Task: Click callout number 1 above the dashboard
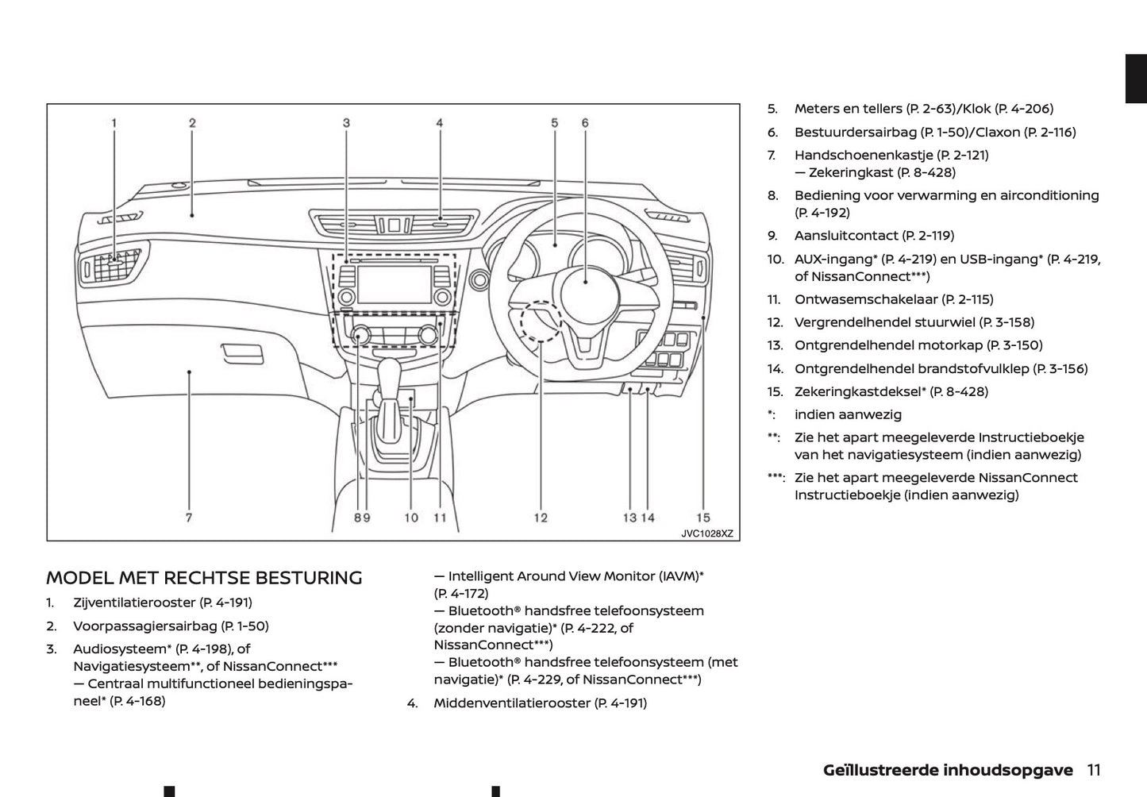(x=114, y=123)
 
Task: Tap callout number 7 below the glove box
(x=189, y=518)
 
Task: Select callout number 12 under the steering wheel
(x=541, y=518)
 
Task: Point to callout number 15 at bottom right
(x=703, y=518)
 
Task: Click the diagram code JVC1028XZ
(x=706, y=534)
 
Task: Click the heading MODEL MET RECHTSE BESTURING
(x=204, y=578)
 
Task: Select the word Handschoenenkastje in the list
(x=863, y=155)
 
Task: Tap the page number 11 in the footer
(x=1094, y=769)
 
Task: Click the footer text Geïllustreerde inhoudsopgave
(x=948, y=769)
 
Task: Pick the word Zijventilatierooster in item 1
(x=134, y=603)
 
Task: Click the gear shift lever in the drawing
(x=391, y=381)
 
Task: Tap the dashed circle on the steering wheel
(x=541, y=321)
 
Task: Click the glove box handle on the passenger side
(x=243, y=351)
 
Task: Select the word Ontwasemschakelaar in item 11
(x=866, y=299)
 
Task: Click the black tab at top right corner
(x=1136, y=79)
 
